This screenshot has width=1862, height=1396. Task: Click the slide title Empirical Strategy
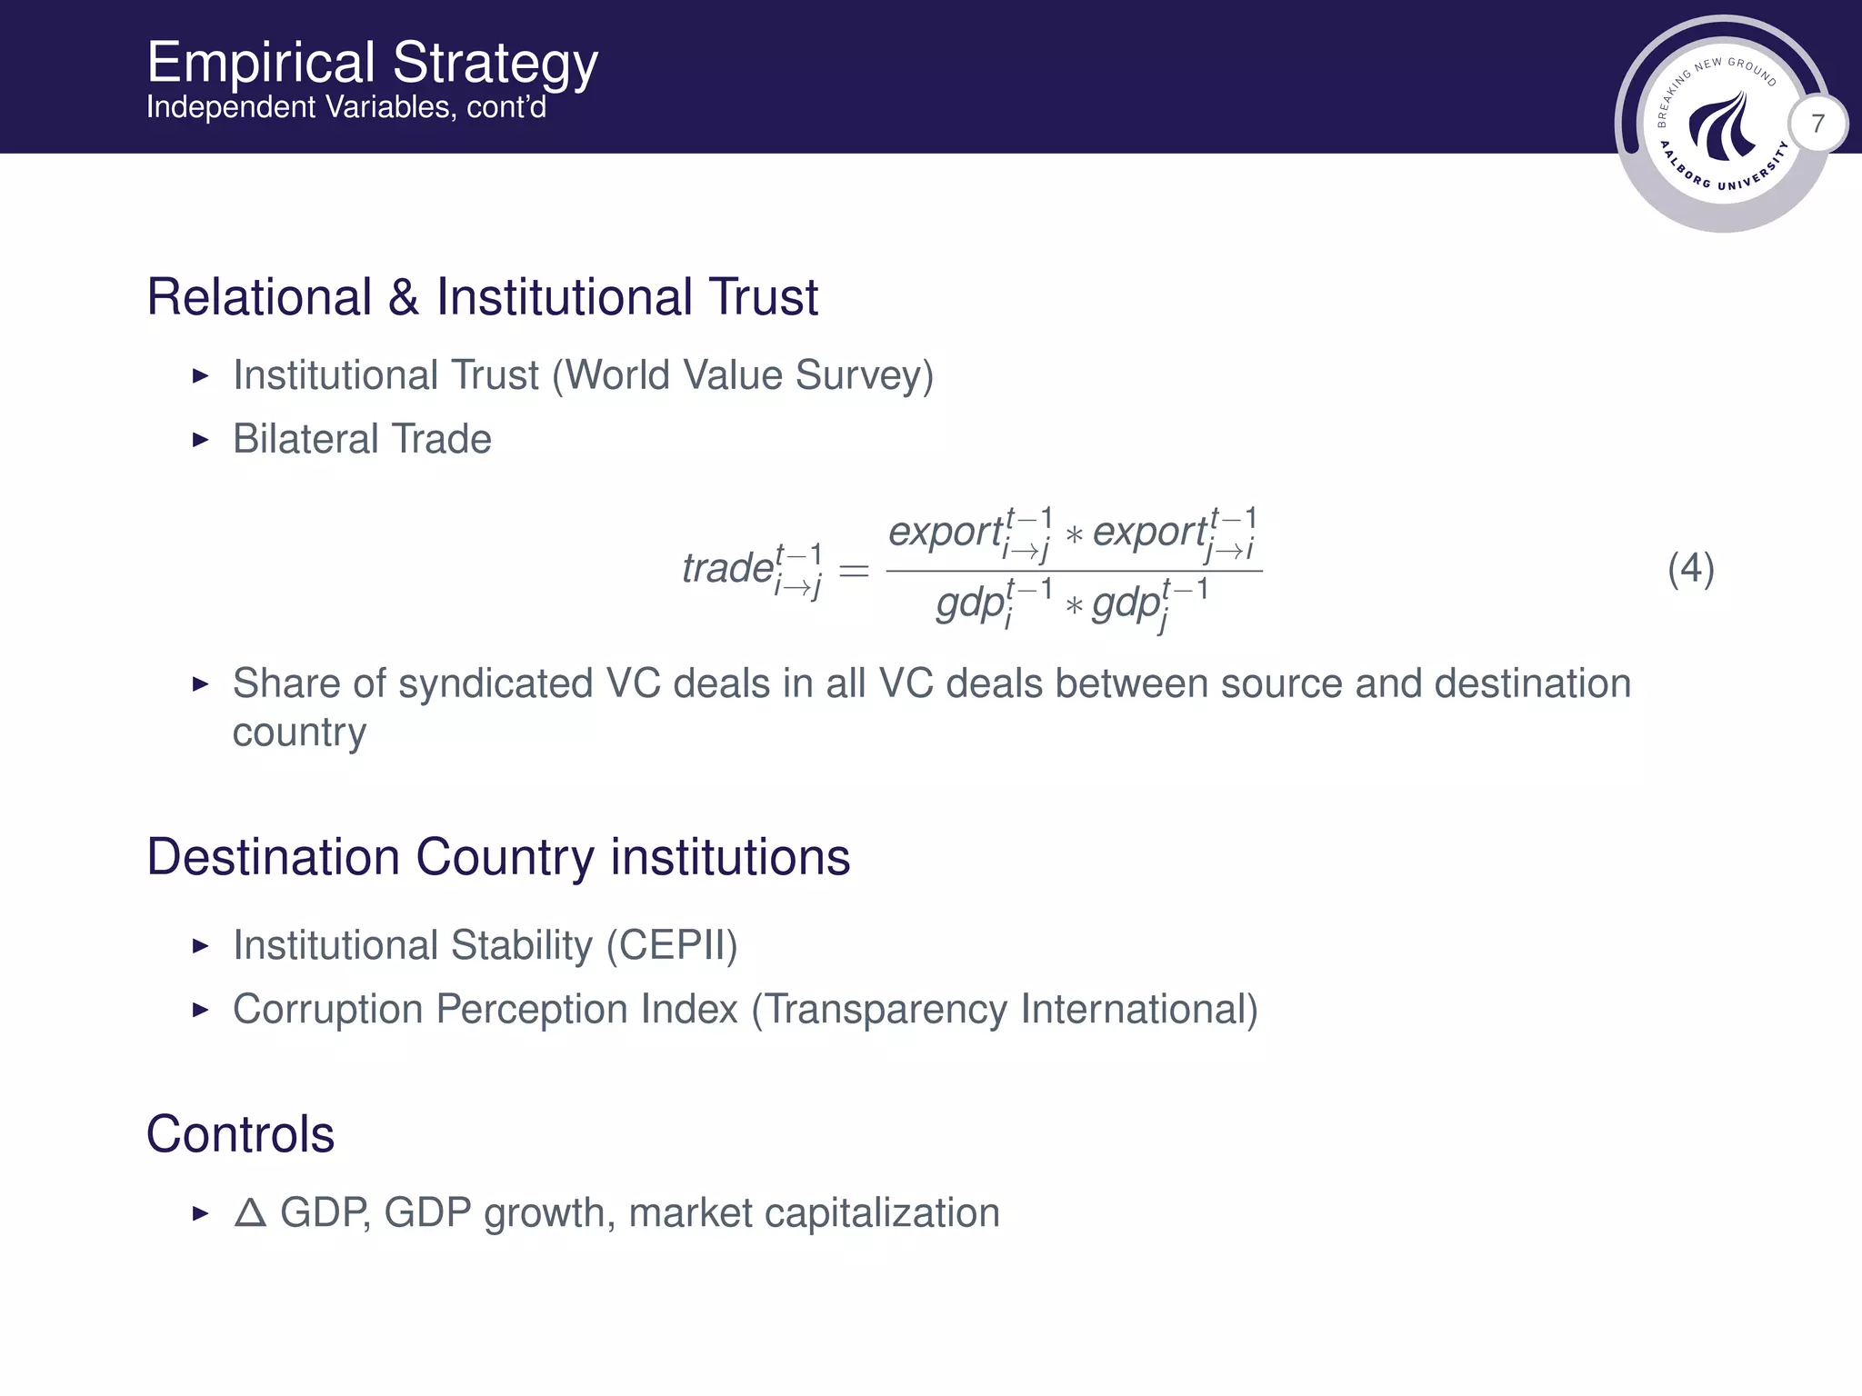click(x=372, y=64)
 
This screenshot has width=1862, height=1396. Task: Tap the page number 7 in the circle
click(x=1817, y=124)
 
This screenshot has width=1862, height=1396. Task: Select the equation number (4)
click(x=1690, y=570)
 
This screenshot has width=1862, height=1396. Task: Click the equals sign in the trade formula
click(x=853, y=571)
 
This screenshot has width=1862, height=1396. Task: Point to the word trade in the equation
click(x=727, y=569)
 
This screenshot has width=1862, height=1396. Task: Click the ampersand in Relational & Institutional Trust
click(x=404, y=298)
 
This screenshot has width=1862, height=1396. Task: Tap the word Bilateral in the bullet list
click(x=305, y=440)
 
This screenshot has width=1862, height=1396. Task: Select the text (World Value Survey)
click(x=743, y=376)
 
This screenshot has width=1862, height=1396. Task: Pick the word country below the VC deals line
click(x=299, y=733)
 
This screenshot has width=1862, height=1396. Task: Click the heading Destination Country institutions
click(x=497, y=857)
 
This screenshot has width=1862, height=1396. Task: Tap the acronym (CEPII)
click(x=672, y=946)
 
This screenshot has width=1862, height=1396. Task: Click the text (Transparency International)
click(x=1005, y=1010)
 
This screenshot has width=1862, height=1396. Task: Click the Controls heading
click(x=240, y=1134)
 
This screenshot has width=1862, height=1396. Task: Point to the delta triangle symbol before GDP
click(x=250, y=1213)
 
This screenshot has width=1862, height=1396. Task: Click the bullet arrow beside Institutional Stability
click(x=201, y=947)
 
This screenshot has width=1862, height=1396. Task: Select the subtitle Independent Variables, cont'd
click(x=346, y=108)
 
